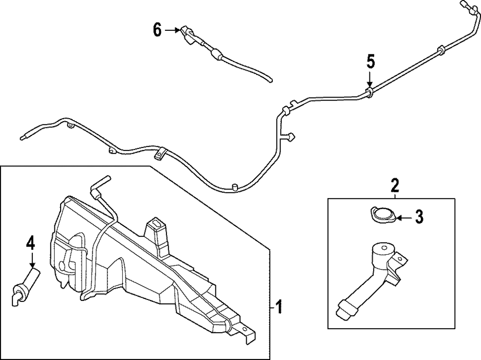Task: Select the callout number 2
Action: tap(394, 184)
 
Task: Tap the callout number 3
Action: tap(419, 217)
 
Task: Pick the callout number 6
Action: tap(157, 30)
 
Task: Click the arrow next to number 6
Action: tap(172, 30)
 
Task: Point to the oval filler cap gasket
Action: tap(383, 214)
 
